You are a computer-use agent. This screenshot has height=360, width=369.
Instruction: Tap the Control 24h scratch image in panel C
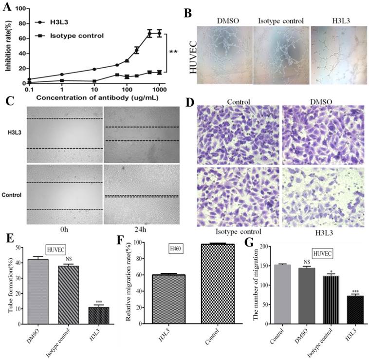[x=141, y=195]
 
